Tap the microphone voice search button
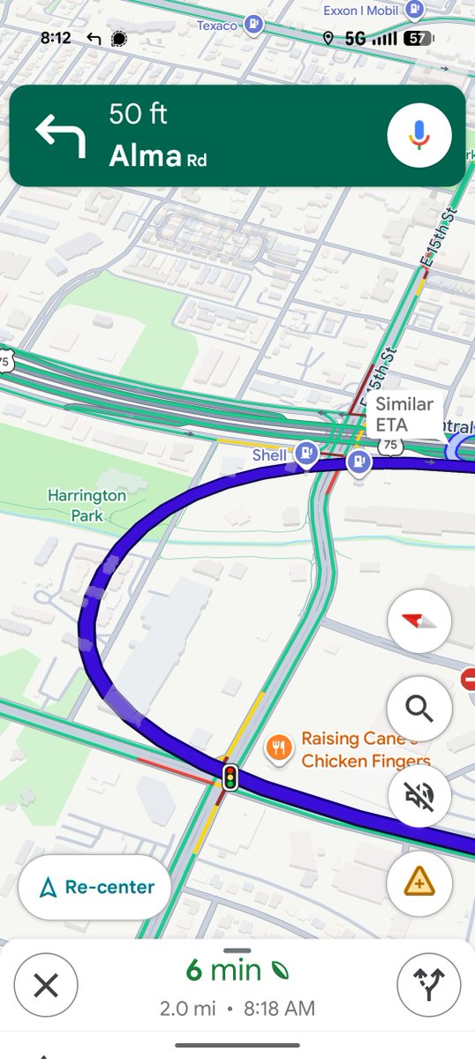pos(419,135)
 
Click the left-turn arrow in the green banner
pos(60,136)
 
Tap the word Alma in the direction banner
pos(145,156)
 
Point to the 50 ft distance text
pos(138,114)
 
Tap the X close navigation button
pos(46,985)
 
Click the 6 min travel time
pos(223,971)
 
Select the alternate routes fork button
pos(428,985)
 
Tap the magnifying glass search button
pos(419,707)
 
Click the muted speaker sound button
pos(419,796)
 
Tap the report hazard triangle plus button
pos(419,881)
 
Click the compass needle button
pos(419,621)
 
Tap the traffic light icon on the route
pos(230,777)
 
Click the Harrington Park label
pos(87,505)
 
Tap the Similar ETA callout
pos(404,414)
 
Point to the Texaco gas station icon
pos(254,25)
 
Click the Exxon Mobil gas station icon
pos(415,10)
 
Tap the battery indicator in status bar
pos(418,39)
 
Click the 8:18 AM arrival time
pos(276,1008)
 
